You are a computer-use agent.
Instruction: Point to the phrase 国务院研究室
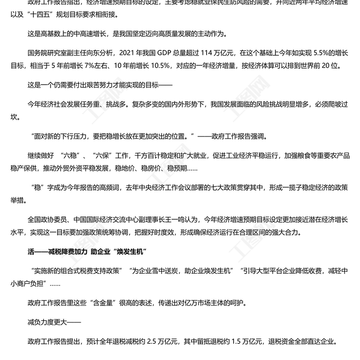[46, 51]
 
